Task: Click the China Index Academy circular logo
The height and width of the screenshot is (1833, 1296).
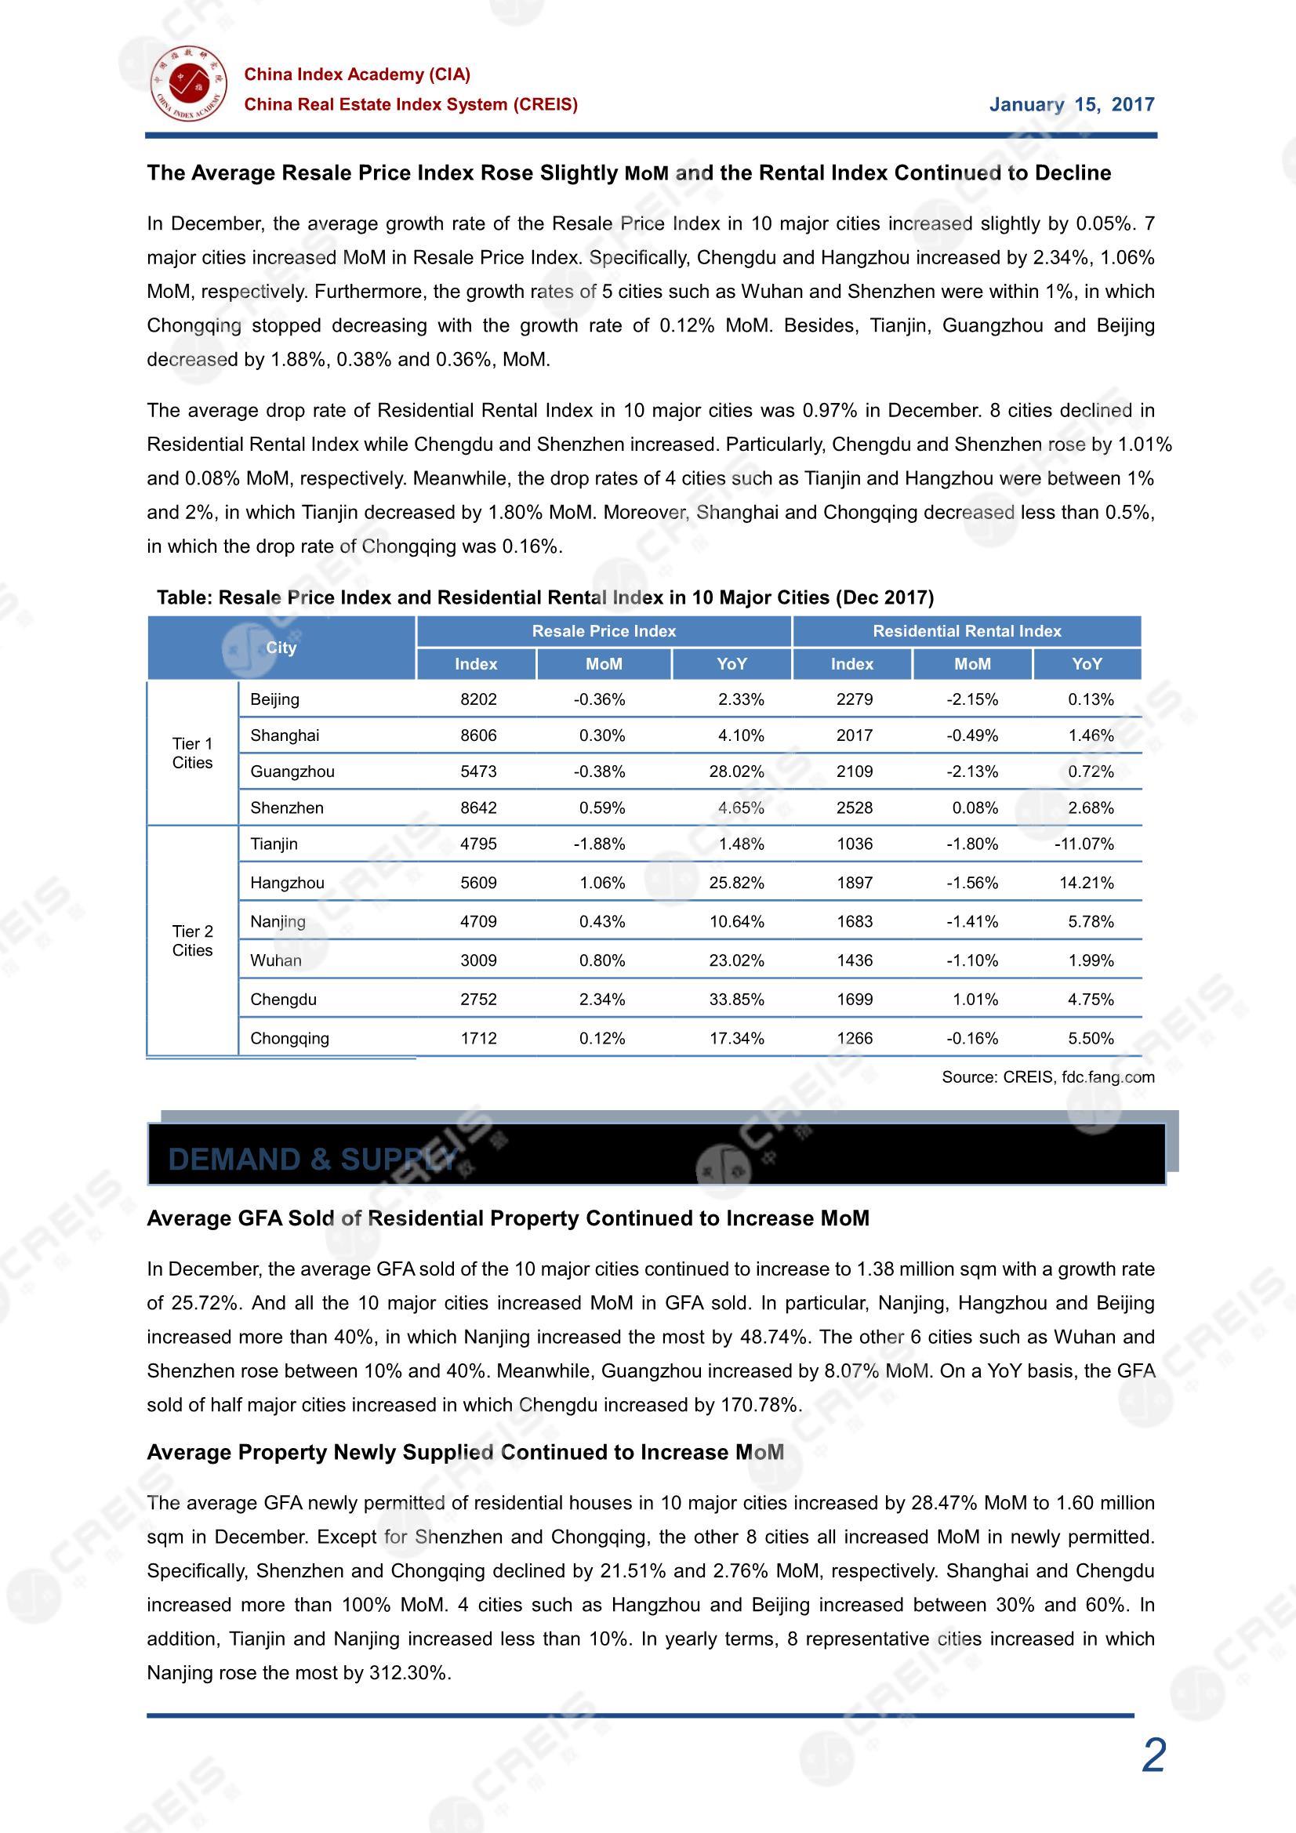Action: click(187, 83)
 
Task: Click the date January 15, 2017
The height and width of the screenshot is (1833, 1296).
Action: click(1071, 104)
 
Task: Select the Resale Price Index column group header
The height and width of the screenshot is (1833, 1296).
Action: click(604, 631)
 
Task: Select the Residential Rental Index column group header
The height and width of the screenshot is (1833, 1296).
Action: click(966, 631)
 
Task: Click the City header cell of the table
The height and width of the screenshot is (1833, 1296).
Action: click(281, 648)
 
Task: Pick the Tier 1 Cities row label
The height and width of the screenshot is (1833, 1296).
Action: click(192, 753)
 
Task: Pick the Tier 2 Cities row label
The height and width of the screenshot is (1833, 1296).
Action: click(192, 941)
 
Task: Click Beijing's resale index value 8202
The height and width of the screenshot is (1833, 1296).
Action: click(478, 699)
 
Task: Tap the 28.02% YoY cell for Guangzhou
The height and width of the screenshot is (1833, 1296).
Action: click(736, 771)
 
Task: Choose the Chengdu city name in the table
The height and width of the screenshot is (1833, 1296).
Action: click(284, 1000)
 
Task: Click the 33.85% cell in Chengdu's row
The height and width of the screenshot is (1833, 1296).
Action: click(736, 1000)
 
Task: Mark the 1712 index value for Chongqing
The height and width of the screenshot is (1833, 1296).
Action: click(478, 1039)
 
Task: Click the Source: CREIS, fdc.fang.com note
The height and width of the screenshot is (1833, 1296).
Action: click(1047, 1077)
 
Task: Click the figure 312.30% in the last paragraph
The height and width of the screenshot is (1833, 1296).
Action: click(409, 1672)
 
